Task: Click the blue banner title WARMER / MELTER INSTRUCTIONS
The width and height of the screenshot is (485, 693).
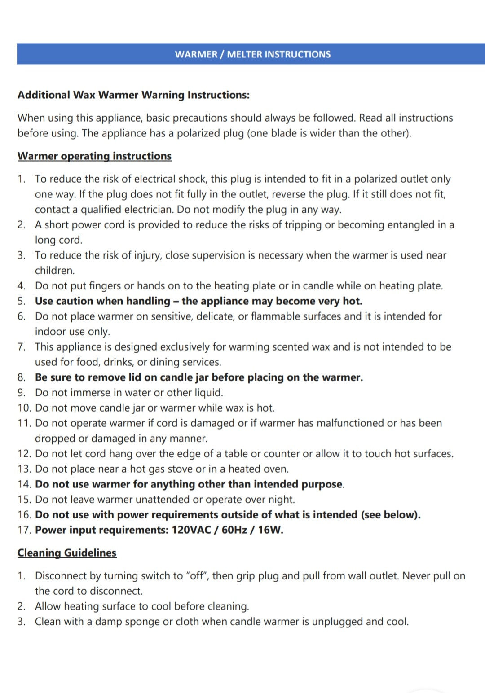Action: (252, 54)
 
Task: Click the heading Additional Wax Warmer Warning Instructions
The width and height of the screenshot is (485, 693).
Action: (133, 95)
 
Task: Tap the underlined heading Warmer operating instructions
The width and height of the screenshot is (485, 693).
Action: (94, 156)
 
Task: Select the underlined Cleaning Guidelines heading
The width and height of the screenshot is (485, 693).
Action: (67, 553)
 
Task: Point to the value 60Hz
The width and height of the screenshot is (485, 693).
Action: (234, 530)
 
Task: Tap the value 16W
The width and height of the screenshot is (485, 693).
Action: (270, 530)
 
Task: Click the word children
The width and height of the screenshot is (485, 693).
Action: (55, 271)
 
